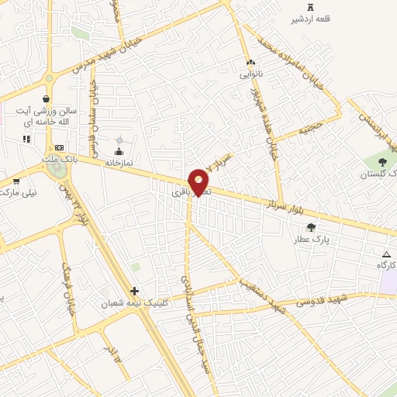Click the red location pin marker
(x=198, y=181)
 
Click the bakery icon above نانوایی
(x=250, y=62)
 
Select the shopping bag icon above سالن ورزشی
(x=47, y=98)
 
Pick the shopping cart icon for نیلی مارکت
(x=16, y=181)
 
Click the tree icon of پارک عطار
(x=311, y=227)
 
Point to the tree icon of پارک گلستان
(x=382, y=161)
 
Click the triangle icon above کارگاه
(x=386, y=254)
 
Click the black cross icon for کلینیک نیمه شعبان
(x=135, y=292)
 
